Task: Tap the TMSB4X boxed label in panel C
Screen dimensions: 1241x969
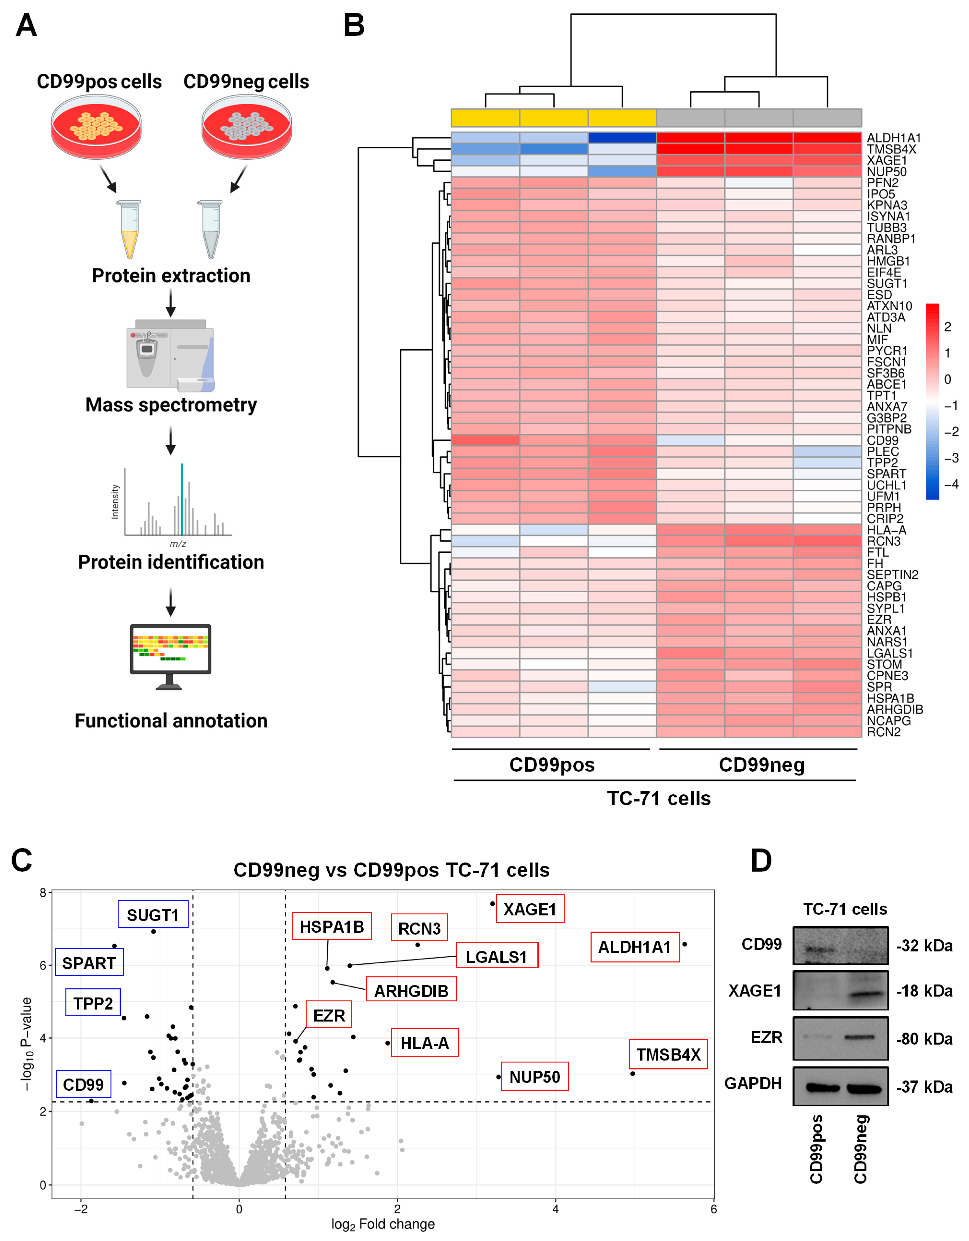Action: (668, 1055)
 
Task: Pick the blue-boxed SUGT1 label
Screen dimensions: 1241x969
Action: (153, 915)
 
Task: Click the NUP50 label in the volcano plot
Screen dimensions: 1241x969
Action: (534, 1077)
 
